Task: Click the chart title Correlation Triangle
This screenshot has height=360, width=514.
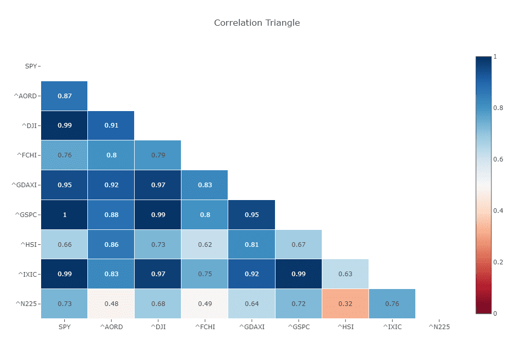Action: tap(256, 23)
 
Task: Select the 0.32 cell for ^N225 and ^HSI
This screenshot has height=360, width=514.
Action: tap(345, 303)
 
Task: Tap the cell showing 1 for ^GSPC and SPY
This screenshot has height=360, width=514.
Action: tap(64, 214)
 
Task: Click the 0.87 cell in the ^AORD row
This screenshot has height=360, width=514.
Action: tap(64, 96)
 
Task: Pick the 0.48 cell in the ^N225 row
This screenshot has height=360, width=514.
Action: tap(111, 303)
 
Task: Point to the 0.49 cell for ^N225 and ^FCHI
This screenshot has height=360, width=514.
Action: tap(205, 303)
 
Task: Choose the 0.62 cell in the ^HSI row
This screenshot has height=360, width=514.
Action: tap(205, 244)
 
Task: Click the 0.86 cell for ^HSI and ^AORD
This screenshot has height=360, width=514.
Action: tap(111, 244)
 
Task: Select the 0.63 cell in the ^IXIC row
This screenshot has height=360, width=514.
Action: tap(345, 274)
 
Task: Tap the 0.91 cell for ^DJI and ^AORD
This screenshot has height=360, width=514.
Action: tap(111, 125)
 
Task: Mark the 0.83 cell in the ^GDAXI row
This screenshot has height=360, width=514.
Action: tap(205, 185)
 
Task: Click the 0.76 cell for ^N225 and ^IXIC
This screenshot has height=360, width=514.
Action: tap(392, 303)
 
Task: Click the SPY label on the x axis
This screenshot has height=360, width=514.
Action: tap(64, 326)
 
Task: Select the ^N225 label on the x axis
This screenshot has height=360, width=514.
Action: tap(439, 326)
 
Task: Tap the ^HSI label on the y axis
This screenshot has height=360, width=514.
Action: tap(29, 244)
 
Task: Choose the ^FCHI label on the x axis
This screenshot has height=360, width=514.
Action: tap(205, 326)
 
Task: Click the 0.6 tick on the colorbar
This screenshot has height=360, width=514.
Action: tap(498, 159)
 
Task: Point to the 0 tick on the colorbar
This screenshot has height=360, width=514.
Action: tap(495, 313)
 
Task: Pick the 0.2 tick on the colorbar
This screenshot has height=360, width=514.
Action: tap(498, 262)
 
